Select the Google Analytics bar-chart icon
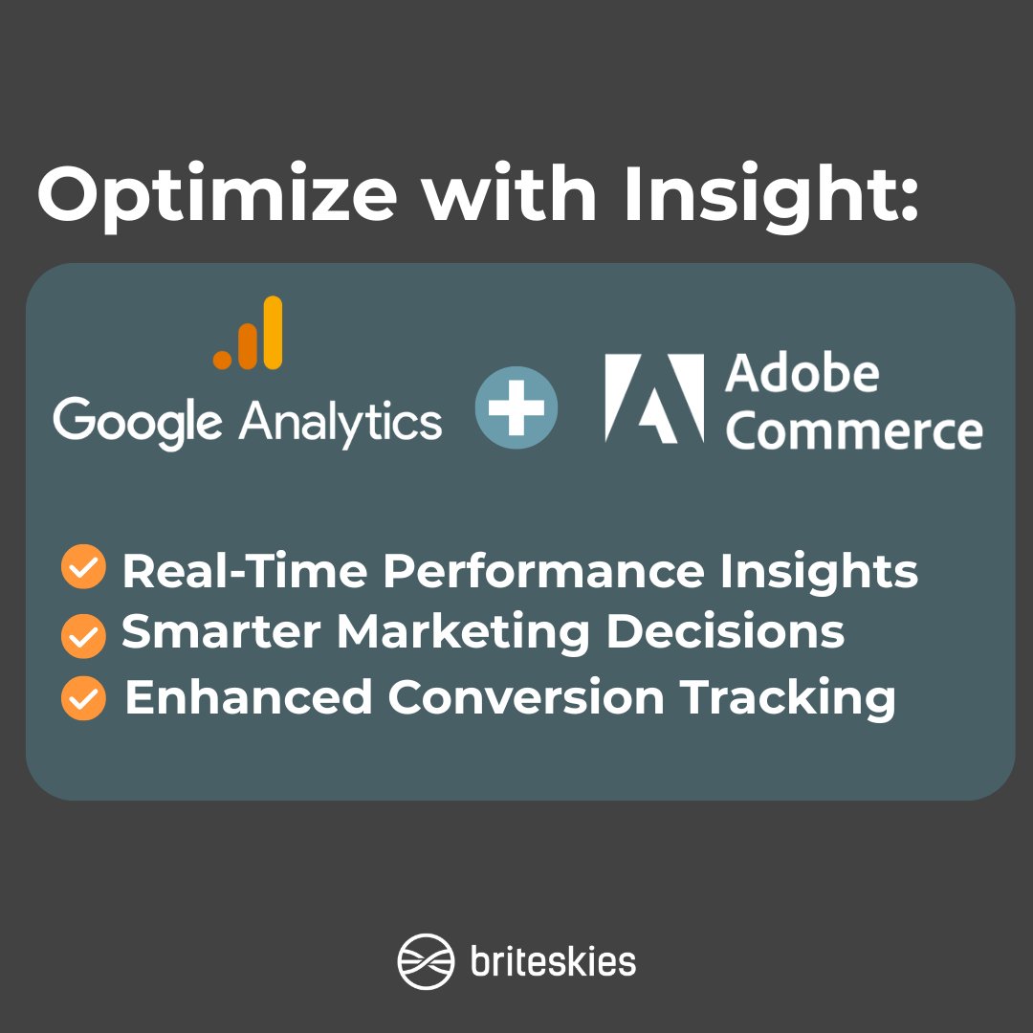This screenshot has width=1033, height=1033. click(x=249, y=334)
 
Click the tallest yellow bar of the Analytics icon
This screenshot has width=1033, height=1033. click(x=273, y=332)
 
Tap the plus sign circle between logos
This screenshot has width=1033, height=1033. click(x=516, y=407)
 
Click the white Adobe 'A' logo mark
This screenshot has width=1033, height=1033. click(x=655, y=398)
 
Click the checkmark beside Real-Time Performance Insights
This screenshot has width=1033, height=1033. click(x=83, y=569)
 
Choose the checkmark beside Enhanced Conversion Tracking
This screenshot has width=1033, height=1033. click(x=83, y=699)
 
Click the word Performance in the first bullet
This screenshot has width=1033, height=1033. click(x=542, y=572)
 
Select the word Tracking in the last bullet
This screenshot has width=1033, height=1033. click(x=788, y=698)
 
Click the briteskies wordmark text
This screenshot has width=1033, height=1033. click(x=553, y=960)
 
